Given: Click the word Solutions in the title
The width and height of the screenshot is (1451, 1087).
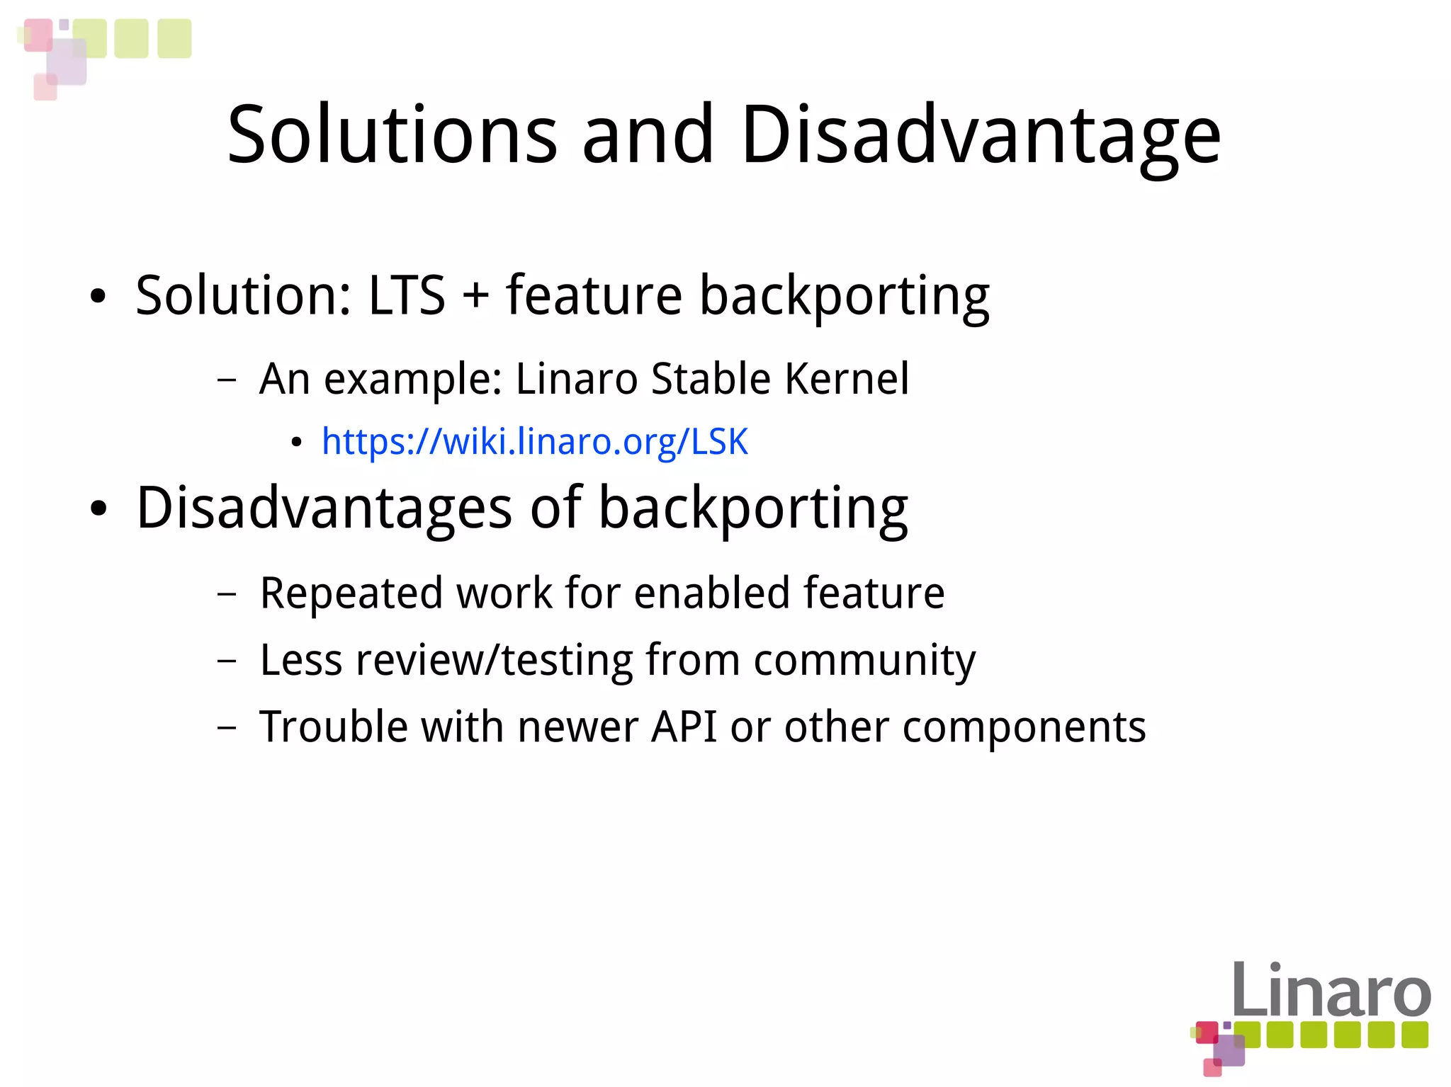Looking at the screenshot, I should click(392, 135).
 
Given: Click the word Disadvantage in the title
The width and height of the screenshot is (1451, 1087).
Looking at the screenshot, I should click(981, 135).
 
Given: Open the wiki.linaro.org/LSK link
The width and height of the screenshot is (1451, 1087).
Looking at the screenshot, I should click(534, 441).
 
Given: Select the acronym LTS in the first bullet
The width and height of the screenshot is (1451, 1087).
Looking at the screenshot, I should click(407, 295).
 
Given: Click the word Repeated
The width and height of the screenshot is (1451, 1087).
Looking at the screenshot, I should click(350, 593).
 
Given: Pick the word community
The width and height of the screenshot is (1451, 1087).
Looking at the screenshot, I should click(864, 661).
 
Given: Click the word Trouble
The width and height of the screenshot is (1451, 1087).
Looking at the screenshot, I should click(334, 727).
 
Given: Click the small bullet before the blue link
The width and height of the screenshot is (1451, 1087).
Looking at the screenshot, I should click(297, 443).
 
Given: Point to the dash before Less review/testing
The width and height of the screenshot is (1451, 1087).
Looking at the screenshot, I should click(227, 661).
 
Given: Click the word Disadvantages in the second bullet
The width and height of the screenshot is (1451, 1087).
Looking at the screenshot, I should click(324, 508).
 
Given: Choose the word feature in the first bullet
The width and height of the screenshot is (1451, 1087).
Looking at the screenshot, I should click(594, 295).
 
